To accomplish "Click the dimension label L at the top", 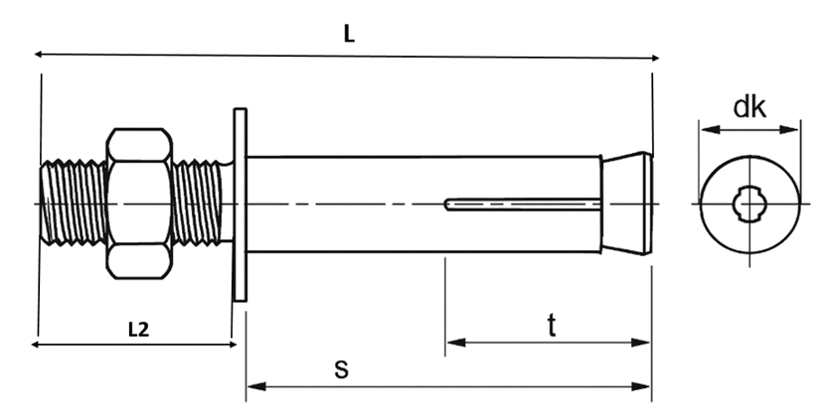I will pos(349,33).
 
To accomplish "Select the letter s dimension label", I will pos(341,368).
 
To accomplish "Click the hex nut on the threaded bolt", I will pos(140,203).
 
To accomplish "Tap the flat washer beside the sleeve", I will pos(239,203).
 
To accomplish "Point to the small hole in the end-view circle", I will pos(747,205).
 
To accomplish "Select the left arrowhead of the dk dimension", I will pos(704,127).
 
